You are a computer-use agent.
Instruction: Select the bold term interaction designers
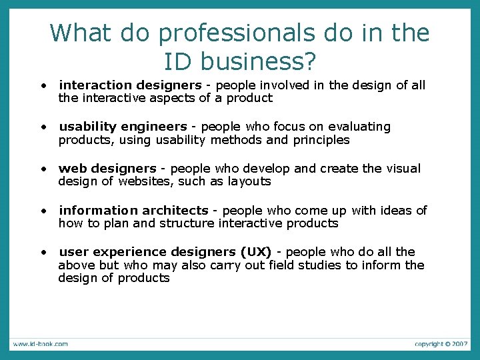coord(130,85)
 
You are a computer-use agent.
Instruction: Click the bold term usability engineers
coord(123,127)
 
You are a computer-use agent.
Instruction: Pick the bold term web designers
coord(107,169)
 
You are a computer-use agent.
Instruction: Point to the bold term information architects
coord(133,211)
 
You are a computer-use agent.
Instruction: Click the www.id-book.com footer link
coord(40,344)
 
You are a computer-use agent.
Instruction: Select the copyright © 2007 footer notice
coord(441,344)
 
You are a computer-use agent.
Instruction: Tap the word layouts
coord(249,181)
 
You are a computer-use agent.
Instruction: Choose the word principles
coord(317,140)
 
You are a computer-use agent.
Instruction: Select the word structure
coord(188,223)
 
